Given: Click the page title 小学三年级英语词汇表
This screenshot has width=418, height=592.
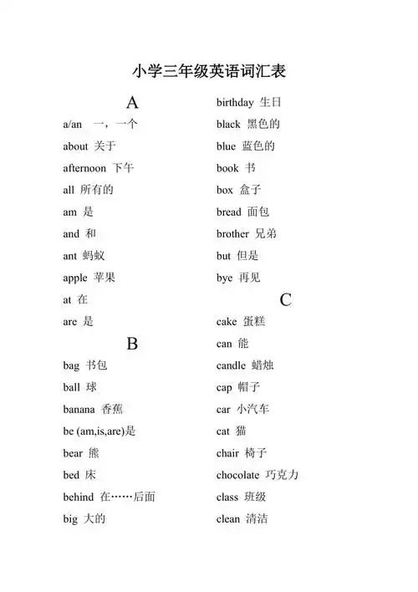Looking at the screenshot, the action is [209, 71].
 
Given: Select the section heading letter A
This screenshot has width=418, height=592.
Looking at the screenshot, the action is [132, 103].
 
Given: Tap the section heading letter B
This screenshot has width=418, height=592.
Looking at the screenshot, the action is [132, 344].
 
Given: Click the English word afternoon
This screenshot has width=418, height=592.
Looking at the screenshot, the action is [85, 168].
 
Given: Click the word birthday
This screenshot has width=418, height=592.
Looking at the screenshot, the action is [235, 103].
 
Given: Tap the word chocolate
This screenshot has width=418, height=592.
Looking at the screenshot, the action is [238, 475].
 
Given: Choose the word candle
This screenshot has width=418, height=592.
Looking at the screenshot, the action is [231, 365].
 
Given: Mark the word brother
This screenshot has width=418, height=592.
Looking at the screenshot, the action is [232, 234].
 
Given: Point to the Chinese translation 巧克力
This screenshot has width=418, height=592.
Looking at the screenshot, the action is [282, 475].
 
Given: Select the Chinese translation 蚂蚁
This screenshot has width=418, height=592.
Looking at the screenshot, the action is [93, 256].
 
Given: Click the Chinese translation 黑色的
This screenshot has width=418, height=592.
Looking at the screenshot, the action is [263, 125].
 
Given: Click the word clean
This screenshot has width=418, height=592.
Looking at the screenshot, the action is [228, 518].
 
